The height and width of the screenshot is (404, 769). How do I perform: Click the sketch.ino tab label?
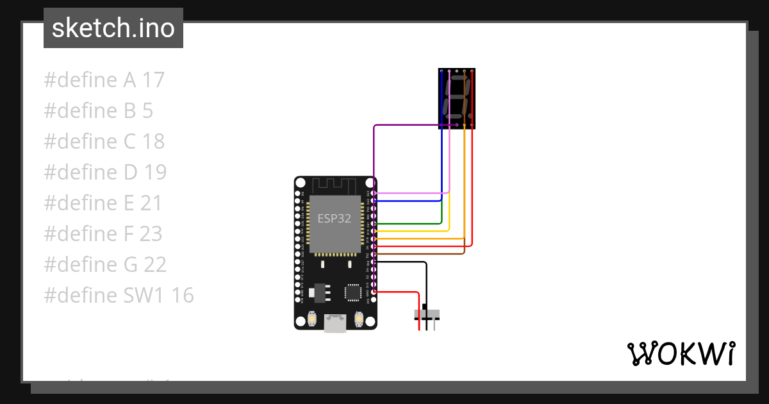click(113, 28)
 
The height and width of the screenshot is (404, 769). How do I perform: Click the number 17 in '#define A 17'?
click(153, 80)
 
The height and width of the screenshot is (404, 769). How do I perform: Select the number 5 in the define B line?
click(147, 111)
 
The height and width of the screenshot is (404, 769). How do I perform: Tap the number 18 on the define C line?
click(153, 142)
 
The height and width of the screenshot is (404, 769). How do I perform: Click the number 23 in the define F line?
click(151, 234)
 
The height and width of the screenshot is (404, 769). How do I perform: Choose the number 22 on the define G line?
click(154, 265)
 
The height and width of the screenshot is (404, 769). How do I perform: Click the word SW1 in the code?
click(147, 296)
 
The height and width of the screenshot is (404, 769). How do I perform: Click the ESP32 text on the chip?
click(335, 218)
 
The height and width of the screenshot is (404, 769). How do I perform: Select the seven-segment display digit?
click(457, 97)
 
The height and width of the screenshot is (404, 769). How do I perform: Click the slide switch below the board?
click(427, 314)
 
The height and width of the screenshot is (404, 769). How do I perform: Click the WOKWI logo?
click(681, 353)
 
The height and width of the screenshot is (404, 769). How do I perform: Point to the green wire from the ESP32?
click(410, 224)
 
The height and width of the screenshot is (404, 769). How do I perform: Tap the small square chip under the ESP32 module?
click(352, 292)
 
